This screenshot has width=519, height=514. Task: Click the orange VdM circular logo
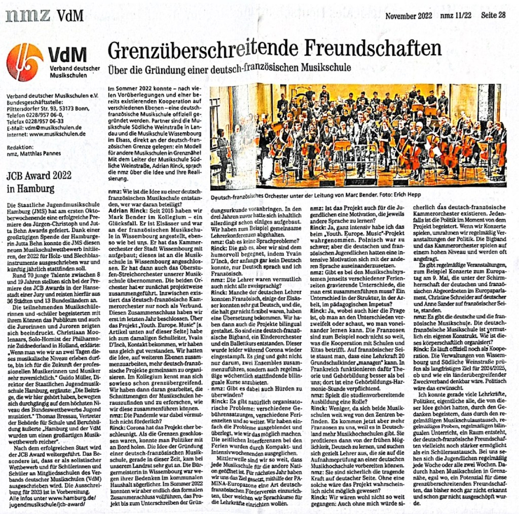point(24,62)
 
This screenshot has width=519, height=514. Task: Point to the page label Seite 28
point(493,15)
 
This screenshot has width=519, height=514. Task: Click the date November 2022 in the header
point(406,15)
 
